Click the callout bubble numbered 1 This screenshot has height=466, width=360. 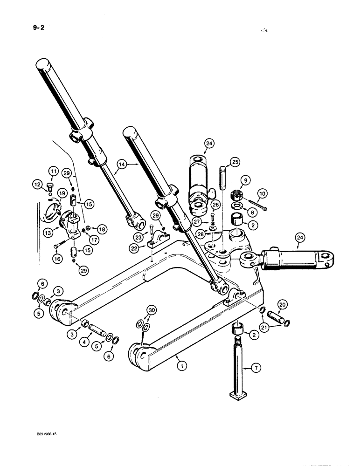pos(182,366)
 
